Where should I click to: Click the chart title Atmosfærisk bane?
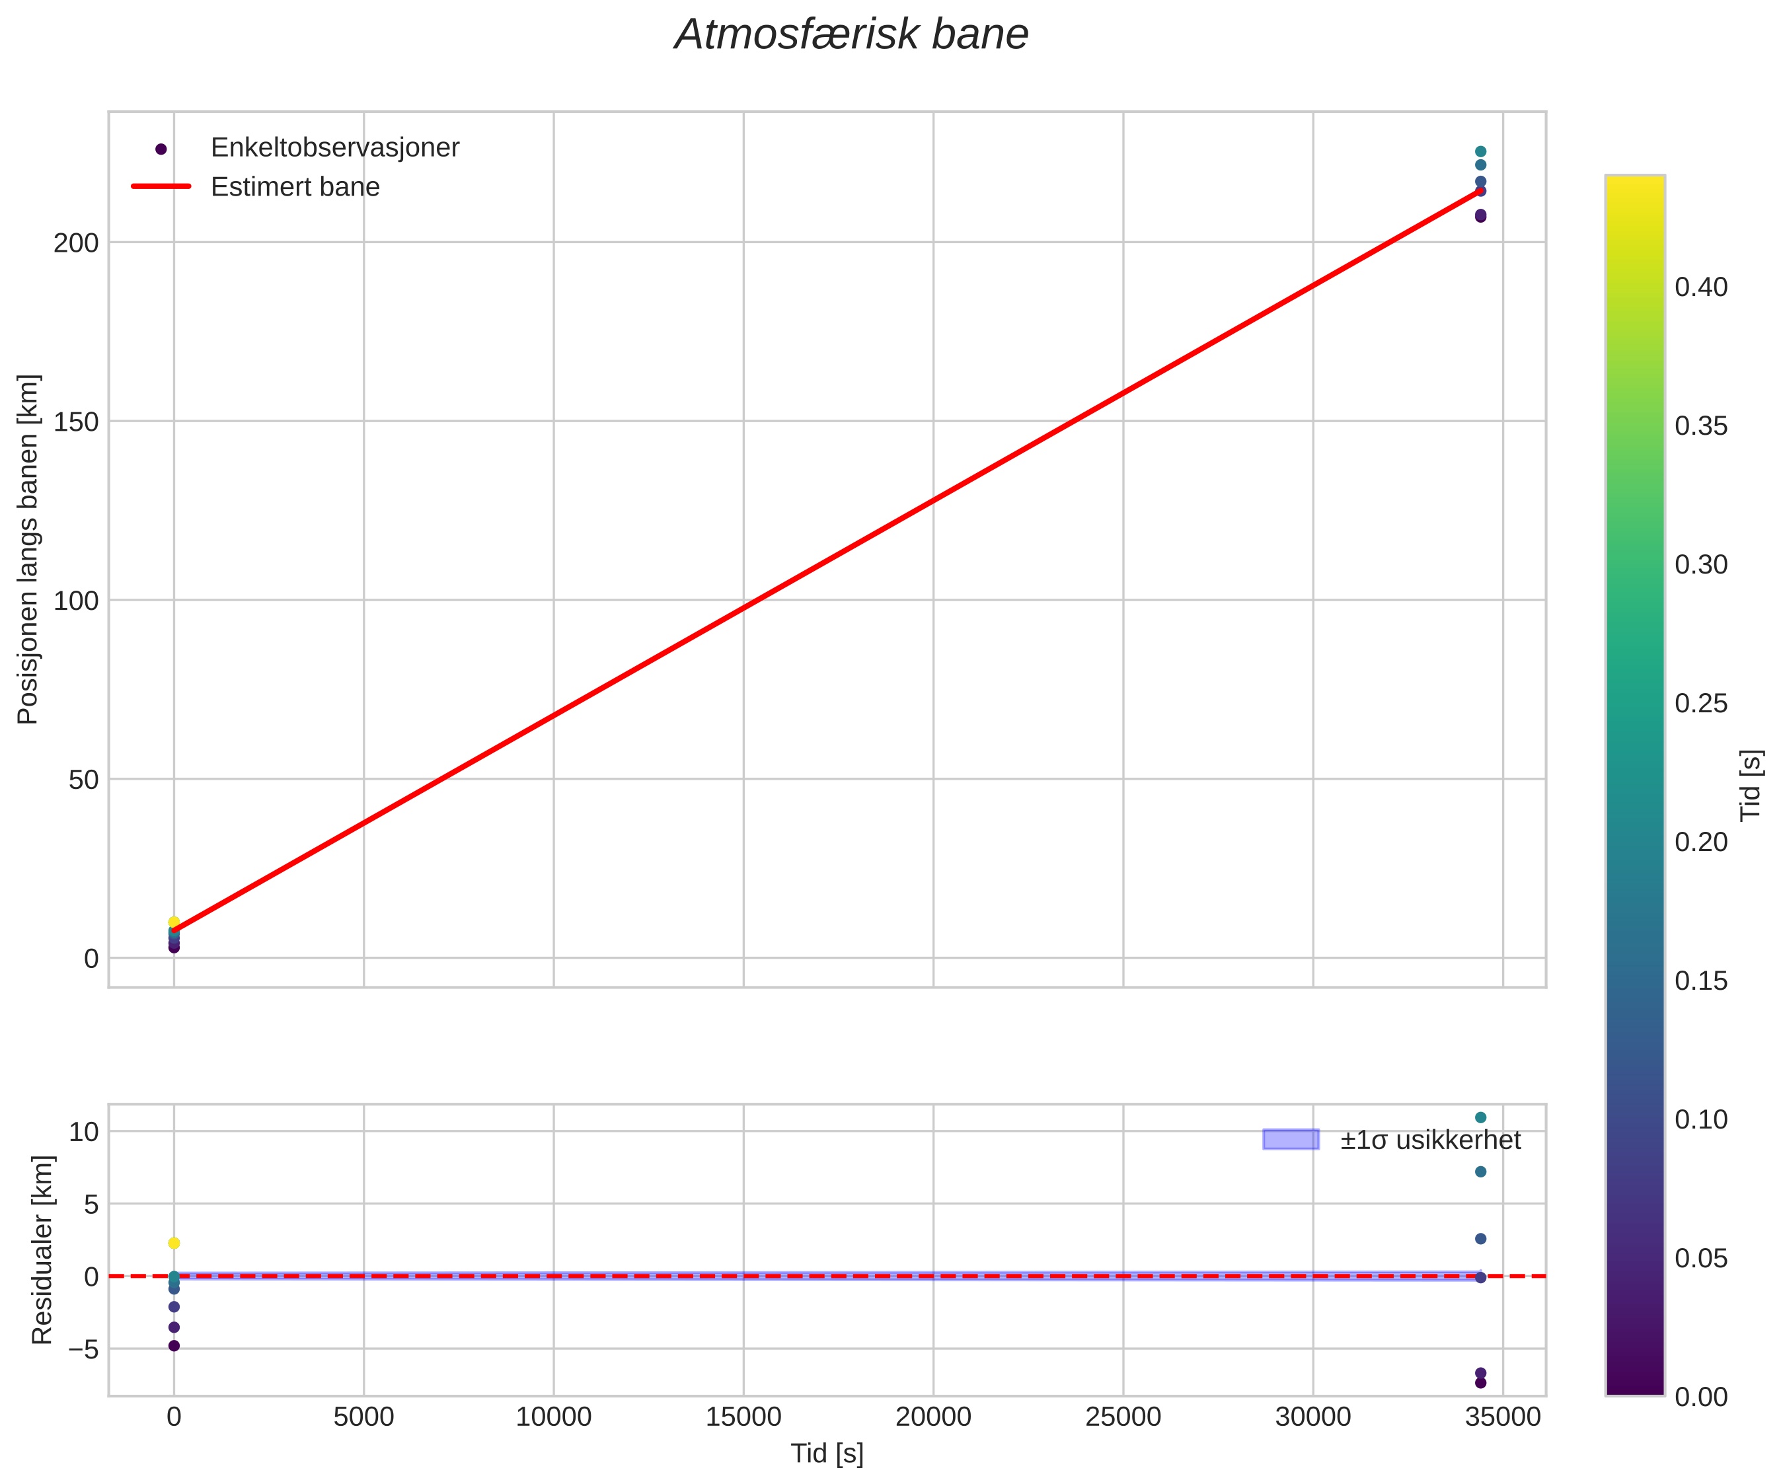click(x=851, y=36)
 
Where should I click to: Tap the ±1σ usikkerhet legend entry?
click(x=1430, y=1140)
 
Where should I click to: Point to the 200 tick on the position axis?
click(x=77, y=243)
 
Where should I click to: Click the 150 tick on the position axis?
click(x=77, y=422)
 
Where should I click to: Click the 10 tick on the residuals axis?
click(x=84, y=1132)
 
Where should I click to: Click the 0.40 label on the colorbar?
click(x=1700, y=287)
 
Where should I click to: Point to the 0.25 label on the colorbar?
click(x=1700, y=704)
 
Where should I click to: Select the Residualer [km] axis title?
click(x=42, y=1250)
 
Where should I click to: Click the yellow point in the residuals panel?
click(x=174, y=1243)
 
